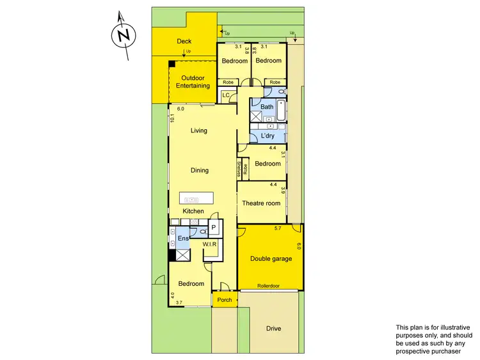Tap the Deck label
184,42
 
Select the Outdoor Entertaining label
193,81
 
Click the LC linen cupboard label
225,96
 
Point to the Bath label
267,107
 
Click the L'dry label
267,136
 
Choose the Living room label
199,130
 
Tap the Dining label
200,171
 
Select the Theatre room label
261,203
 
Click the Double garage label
271,258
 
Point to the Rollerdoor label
269,286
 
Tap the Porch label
225,300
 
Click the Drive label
273,329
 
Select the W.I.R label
210,244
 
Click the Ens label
182,239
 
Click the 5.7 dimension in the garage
278,228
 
